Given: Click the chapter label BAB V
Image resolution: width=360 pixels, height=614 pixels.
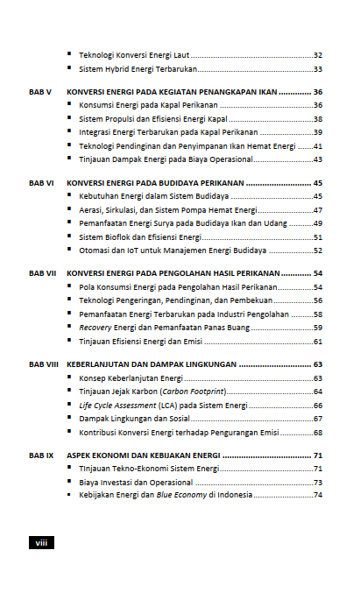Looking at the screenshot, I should (40, 92).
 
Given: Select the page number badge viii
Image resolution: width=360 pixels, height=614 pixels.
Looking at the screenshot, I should (41, 543).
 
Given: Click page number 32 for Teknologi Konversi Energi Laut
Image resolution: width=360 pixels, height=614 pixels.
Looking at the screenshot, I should (318, 55).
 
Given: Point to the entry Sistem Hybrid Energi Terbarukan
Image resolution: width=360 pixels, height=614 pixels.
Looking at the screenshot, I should (138, 69).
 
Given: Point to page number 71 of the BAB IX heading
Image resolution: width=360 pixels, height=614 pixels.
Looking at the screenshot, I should (319, 455).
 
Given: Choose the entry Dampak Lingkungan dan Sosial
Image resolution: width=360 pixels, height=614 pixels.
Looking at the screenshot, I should (133, 419).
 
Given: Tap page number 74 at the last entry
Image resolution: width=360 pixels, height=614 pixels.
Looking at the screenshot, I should (318, 495).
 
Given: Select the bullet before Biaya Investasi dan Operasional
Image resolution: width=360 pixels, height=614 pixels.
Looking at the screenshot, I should (69, 482).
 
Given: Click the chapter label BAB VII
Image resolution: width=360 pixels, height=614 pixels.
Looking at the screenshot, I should (41, 273).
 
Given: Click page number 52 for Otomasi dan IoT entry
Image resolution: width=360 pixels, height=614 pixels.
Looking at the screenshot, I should (318, 251).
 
